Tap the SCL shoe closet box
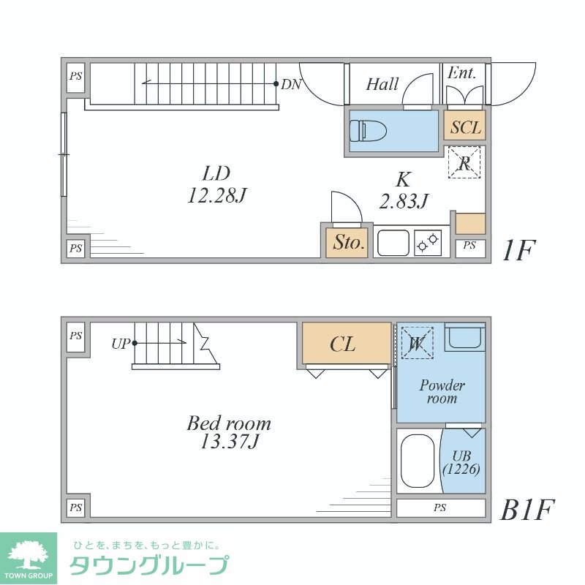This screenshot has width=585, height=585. pos(465,127)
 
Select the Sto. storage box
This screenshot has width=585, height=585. pos(348,242)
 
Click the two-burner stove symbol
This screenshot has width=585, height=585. pos(428,242)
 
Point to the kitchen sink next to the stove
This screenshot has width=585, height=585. pos(393,242)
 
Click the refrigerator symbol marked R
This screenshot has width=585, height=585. pos(464,162)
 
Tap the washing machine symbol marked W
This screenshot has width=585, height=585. pos(417,342)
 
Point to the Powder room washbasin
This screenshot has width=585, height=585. pos(465,338)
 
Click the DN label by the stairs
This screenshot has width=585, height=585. pos(291,84)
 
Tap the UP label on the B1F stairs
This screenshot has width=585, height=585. pos(121,342)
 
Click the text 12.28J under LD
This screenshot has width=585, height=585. pos(217,196)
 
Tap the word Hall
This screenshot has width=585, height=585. pos(382,84)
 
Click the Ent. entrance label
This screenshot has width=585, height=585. pos(461,73)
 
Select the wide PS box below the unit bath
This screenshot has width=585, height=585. pos(440,507)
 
